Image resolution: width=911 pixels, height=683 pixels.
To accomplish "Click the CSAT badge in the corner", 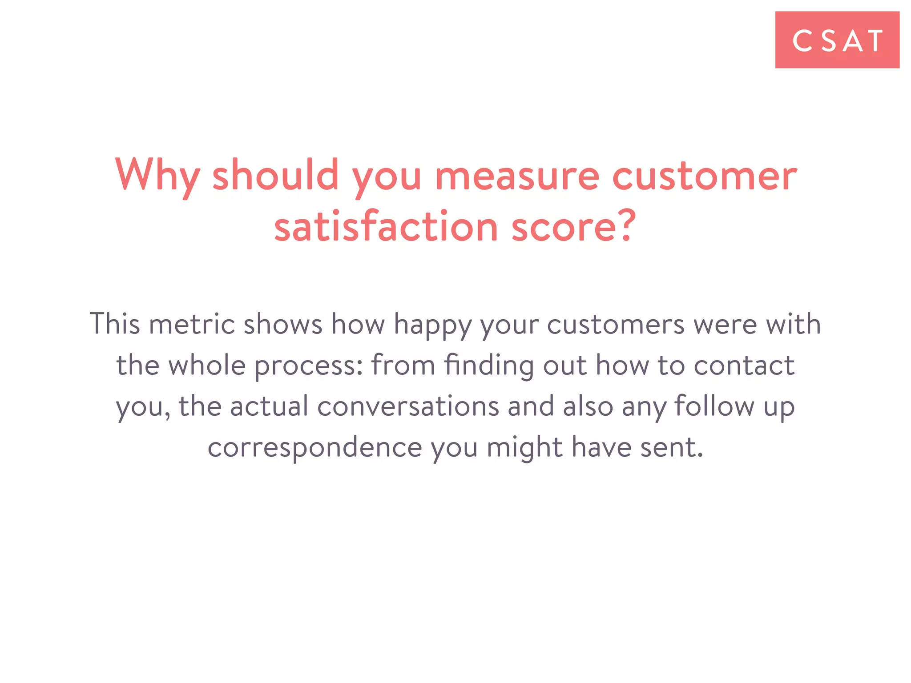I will click(x=837, y=40).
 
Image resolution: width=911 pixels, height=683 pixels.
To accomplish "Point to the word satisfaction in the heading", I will click(x=386, y=227).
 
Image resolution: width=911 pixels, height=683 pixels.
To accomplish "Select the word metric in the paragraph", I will click(x=192, y=324).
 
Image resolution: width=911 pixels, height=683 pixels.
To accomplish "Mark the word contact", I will click(x=744, y=366).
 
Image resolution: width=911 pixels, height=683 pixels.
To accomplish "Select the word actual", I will click(x=269, y=406).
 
